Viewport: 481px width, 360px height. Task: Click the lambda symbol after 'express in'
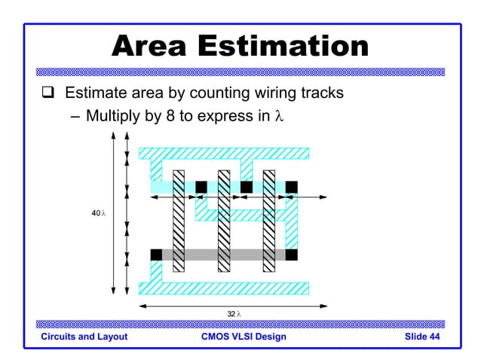click(x=280, y=117)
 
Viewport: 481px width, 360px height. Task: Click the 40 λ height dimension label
click(x=98, y=214)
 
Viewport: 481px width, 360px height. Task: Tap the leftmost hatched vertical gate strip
click(x=179, y=220)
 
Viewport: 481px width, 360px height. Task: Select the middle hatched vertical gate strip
click(x=224, y=220)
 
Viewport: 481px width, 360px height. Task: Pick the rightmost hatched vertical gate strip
click(x=269, y=220)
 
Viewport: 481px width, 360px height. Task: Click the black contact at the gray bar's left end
click(x=156, y=255)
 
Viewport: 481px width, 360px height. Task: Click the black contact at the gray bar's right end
click(x=291, y=255)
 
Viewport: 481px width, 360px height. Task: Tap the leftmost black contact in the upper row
click(x=201, y=187)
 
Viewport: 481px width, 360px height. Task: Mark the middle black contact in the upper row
click(x=246, y=187)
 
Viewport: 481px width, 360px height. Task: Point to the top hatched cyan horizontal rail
click(x=224, y=153)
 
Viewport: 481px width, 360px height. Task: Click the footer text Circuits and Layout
click(x=84, y=337)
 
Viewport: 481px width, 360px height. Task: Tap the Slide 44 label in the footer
click(x=422, y=337)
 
